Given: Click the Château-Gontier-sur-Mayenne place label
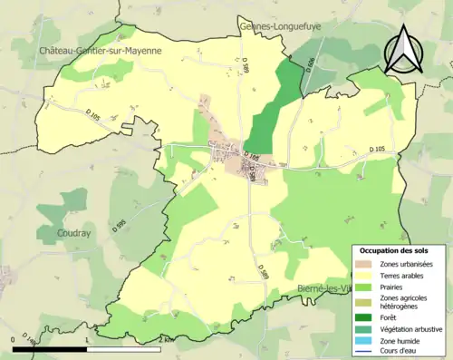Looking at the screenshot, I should point(100,52).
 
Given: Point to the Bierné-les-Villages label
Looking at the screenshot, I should point(324,288).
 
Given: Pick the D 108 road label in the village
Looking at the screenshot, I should point(257,157).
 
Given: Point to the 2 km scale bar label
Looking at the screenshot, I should point(162,338).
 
